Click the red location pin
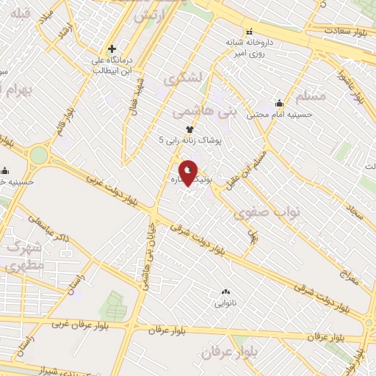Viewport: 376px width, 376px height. point(189,173)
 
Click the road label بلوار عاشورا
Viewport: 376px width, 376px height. point(352,85)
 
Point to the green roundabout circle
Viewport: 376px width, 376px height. point(38,156)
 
